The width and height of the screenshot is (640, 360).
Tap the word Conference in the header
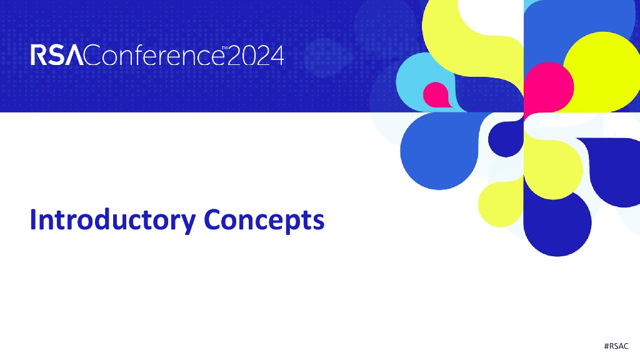(x=152, y=56)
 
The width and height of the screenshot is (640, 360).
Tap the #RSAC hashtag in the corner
(x=616, y=346)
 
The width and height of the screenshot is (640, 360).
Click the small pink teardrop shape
(x=436, y=94)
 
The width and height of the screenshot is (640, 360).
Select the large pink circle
(x=548, y=87)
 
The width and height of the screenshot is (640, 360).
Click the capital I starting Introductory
(x=34, y=220)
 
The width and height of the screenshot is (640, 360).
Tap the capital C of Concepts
(x=214, y=220)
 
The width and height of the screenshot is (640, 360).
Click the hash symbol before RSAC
(x=607, y=346)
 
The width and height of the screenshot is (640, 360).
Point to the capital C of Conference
(x=92, y=56)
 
